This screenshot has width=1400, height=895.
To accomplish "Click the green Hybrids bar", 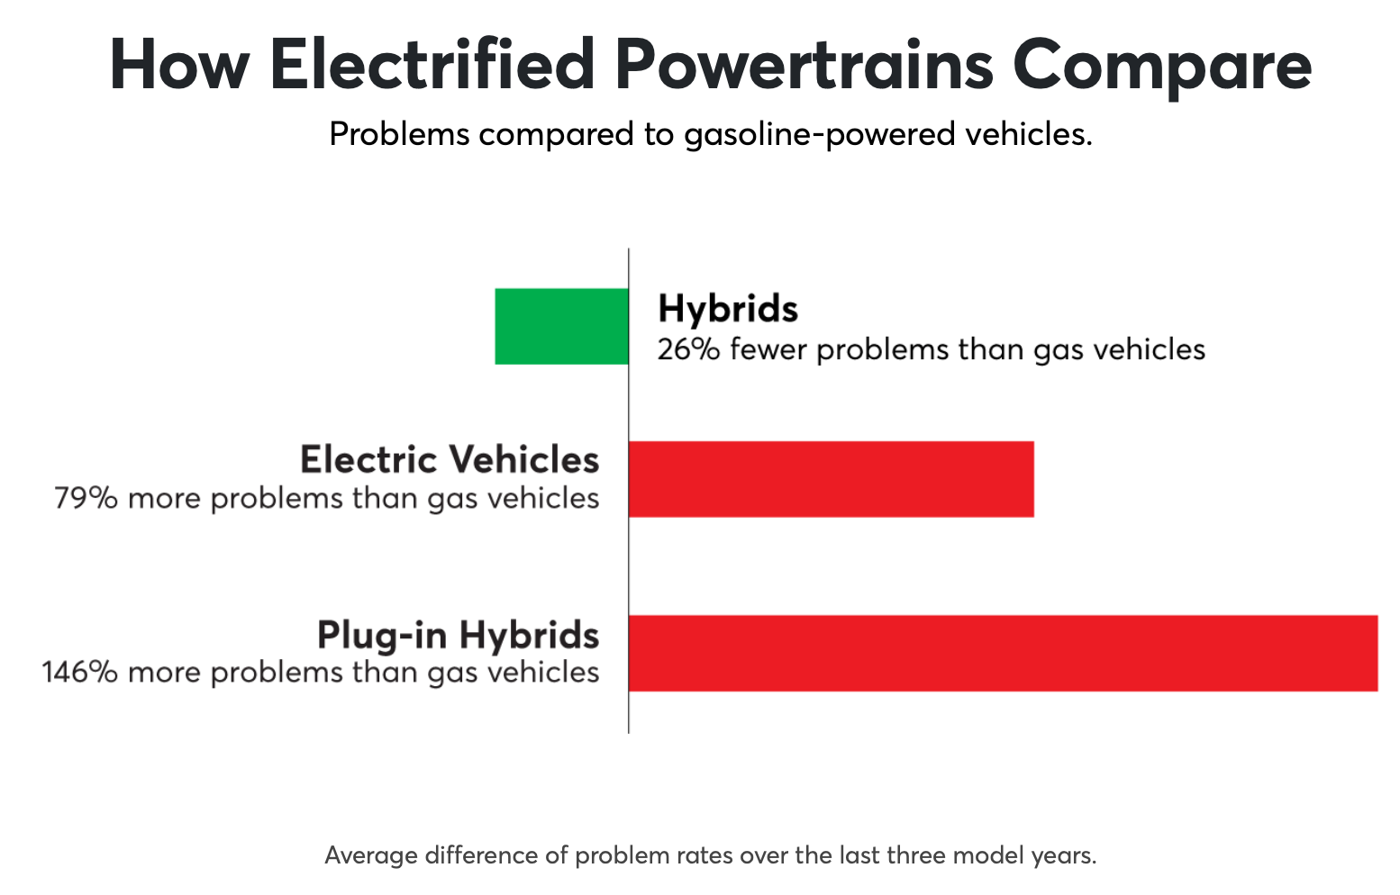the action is pyautogui.click(x=562, y=326).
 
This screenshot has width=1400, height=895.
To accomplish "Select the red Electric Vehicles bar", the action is pyautogui.click(x=832, y=479).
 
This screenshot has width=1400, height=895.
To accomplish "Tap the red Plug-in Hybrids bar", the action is pyautogui.click(x=1003, y=654).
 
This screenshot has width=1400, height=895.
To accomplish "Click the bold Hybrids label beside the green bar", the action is pyautogui.click(x=728, y=309).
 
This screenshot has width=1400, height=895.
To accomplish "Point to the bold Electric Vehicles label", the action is pyautogui.click(x=450, y=460).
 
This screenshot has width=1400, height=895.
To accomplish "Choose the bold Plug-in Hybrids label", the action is pyautogui.click(x=459, y=636).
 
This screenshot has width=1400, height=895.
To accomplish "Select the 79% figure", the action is pyautogui.click(x=86, y=499).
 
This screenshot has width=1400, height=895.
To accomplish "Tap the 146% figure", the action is pyautogui.click(x=80, y=673).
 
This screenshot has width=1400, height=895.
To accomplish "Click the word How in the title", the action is pyautogui.click(x=179, y=65).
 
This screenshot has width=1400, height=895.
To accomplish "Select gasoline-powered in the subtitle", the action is pyautogui.click(x=820, y=135).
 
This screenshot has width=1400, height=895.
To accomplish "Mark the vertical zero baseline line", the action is pyautogui.click(x=629, y=491).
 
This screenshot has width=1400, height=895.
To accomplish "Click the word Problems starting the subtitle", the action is pyautogui.click(x=399, y=134).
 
